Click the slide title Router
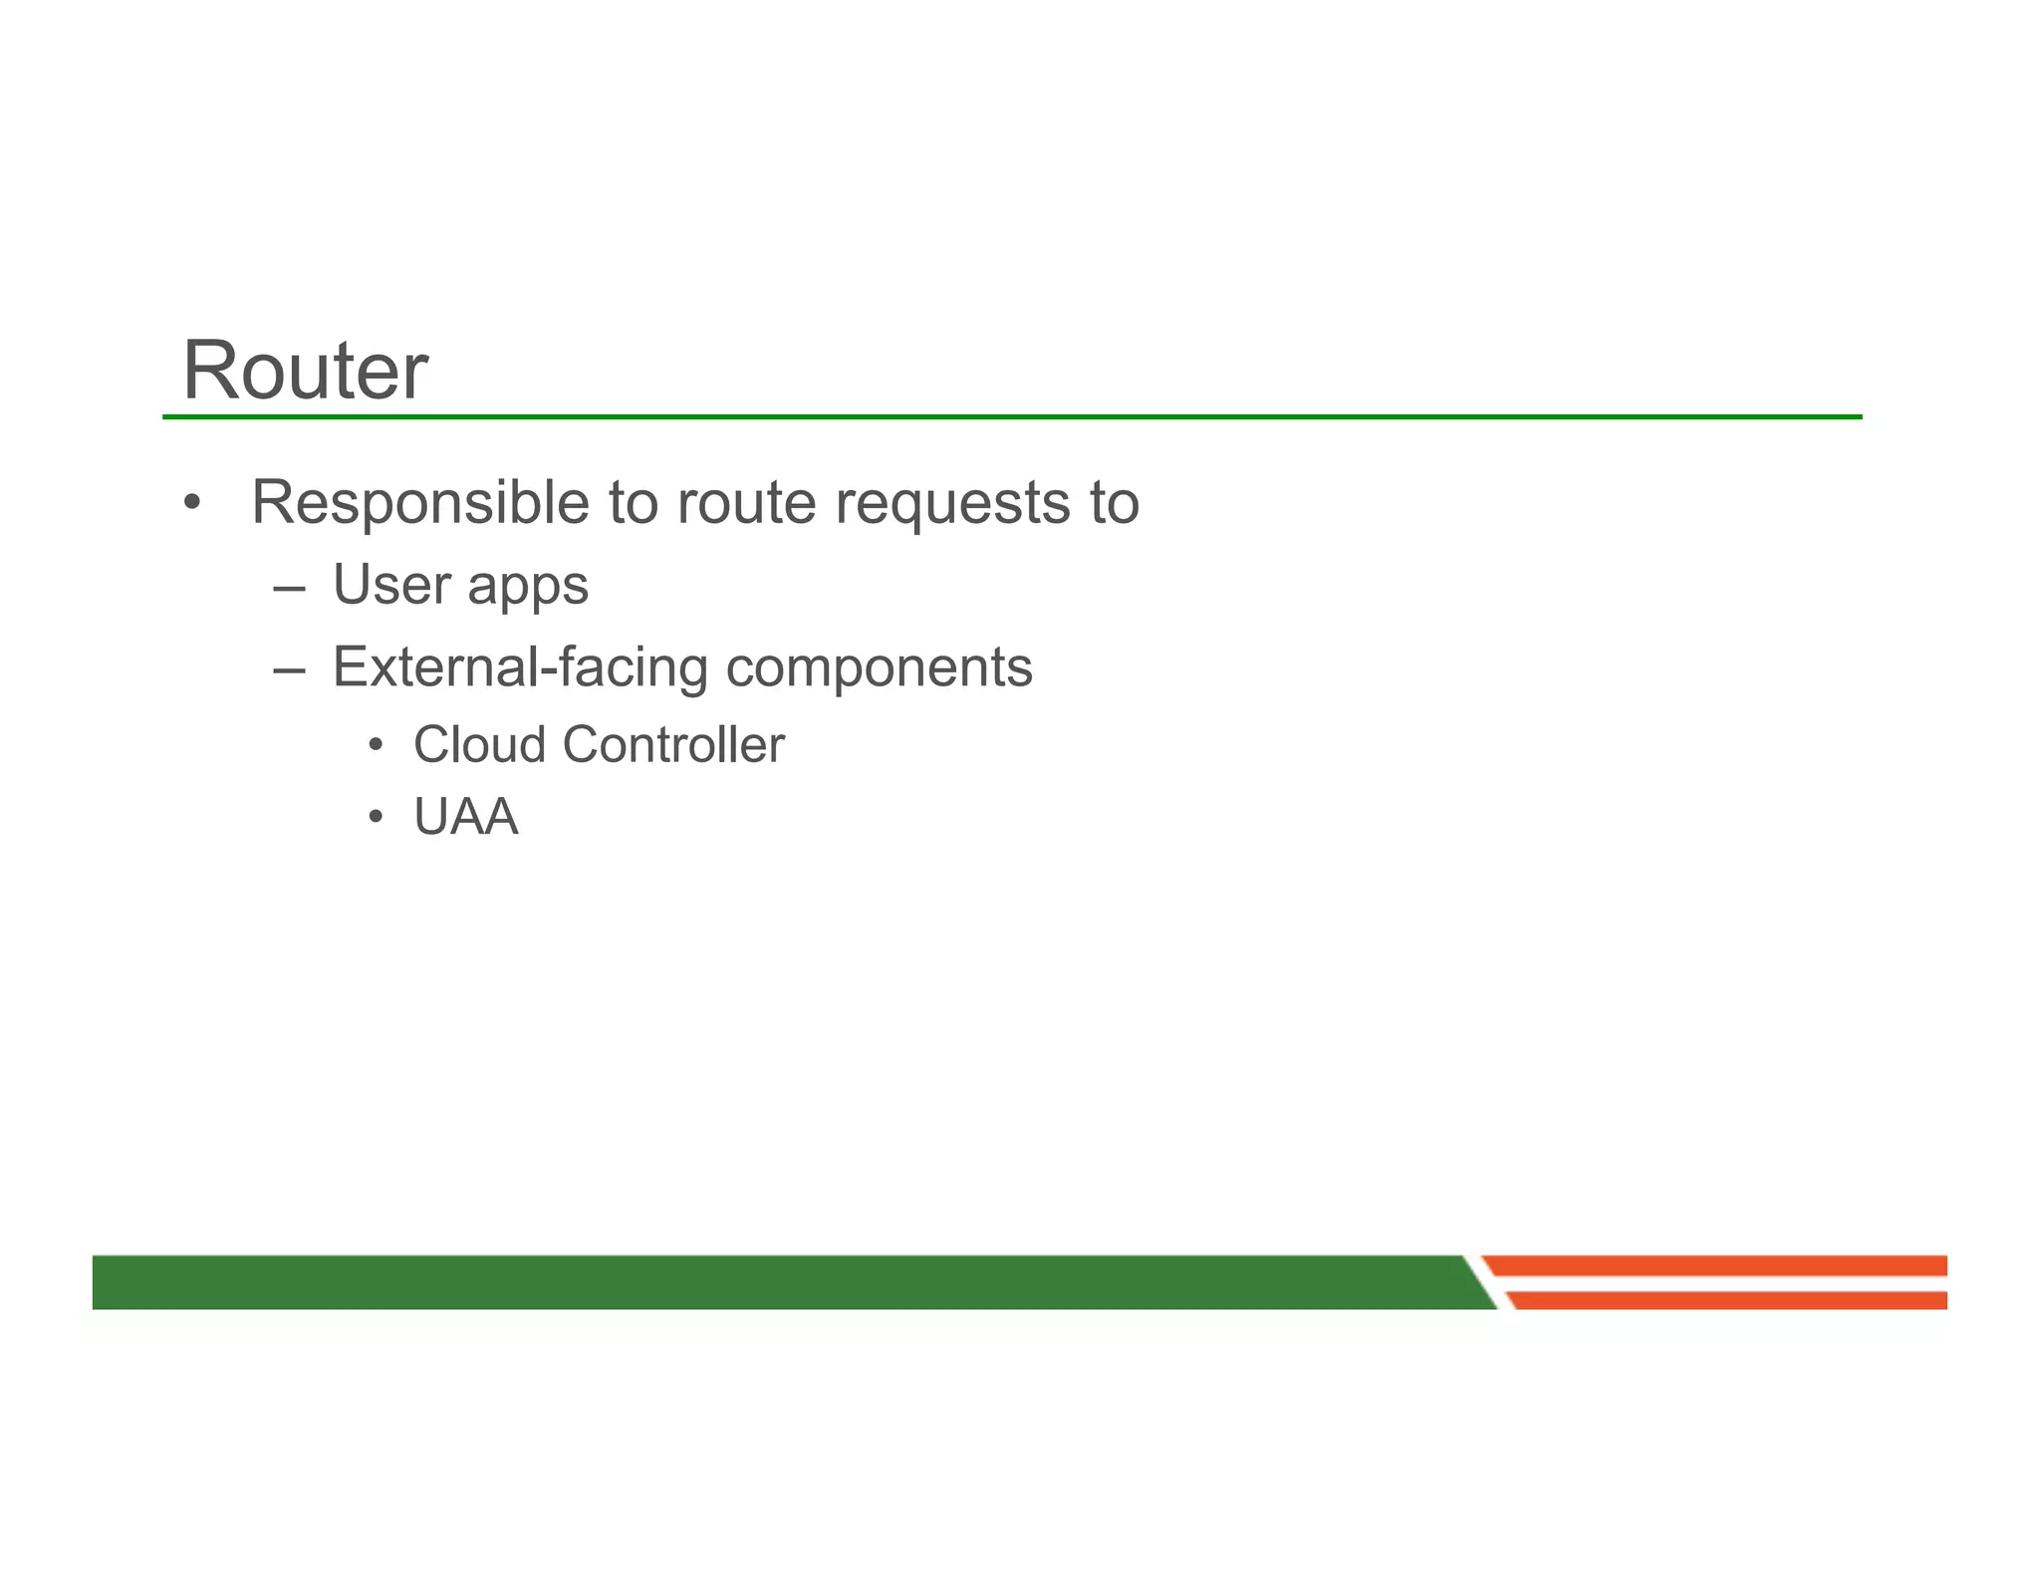tap(305, 371)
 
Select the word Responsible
tap(419, 502)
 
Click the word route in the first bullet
tap(746, 502)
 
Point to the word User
tap(390, 585)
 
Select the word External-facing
tap(520, 666)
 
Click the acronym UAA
tap(465, 817)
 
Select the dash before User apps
tap(288, 588)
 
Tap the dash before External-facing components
tap(288, 670)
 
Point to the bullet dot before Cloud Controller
tap(375, 746)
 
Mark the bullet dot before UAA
tap(375, 818)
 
